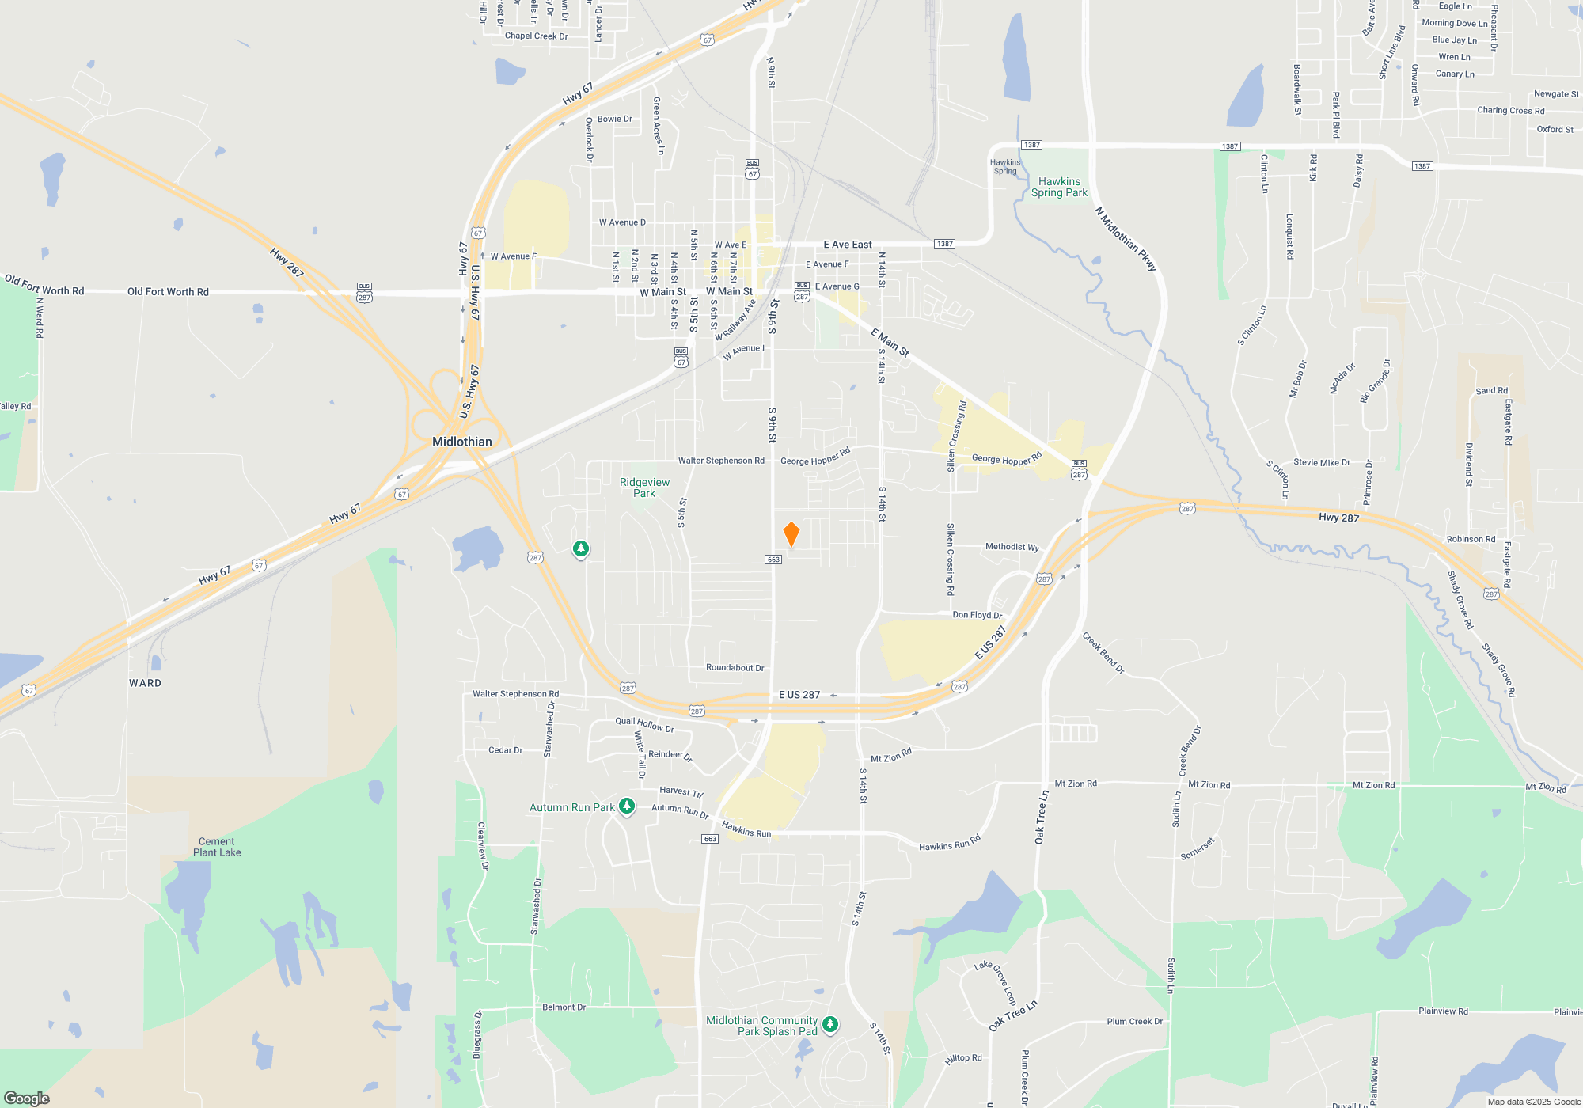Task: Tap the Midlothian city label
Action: (x=462, y=442)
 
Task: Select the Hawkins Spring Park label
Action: (x=1059, y=187)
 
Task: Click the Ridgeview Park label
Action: (x=644, y=488)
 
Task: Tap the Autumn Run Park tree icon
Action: (x=627, y=806)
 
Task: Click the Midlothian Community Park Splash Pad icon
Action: (x=829, y=1025)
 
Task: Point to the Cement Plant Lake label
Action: (x=217, y=847)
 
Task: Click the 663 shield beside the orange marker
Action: (x=773, y=560)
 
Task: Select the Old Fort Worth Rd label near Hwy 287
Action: (x=168, y=292)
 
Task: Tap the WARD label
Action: (x=145, y=683)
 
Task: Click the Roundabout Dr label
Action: (x=735, y=668)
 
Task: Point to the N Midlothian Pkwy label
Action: (x=1126, y=239)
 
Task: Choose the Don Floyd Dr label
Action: (x=977, y=615)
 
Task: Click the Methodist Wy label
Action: (x=1012, y=547)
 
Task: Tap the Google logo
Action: (x=26, y=1099)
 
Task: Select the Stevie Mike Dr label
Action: (x=1321, y=462)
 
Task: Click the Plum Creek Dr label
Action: (x=1134, y=1022)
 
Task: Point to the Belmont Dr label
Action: (x=564, y=1007)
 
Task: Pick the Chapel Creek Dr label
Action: (x=536, y=36)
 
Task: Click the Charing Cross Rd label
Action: (x=1510, y=111)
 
